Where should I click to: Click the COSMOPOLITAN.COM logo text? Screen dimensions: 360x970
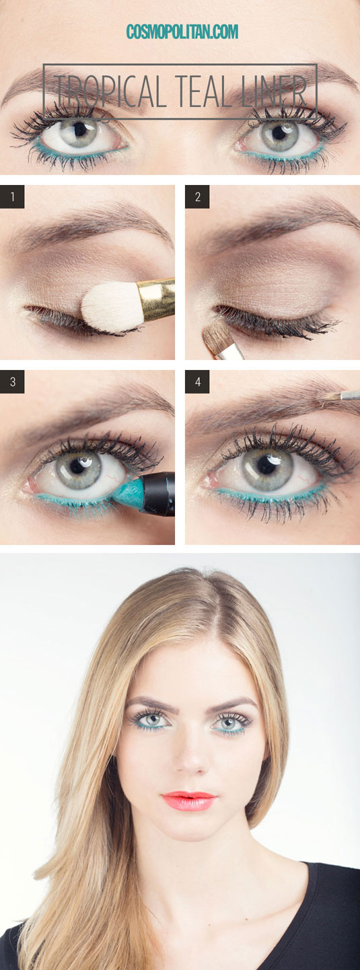tap(182, 32)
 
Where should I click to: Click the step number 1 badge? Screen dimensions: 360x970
tap(12, 197)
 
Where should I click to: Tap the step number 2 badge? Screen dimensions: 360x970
tap(197, 197)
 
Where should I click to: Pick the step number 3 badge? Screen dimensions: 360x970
tap(12, 382)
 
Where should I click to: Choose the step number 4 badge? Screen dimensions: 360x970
tap(197, 382)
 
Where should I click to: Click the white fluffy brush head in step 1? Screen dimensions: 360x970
tap(112, 307)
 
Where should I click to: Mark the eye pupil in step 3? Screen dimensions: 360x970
tap(77, 466)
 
